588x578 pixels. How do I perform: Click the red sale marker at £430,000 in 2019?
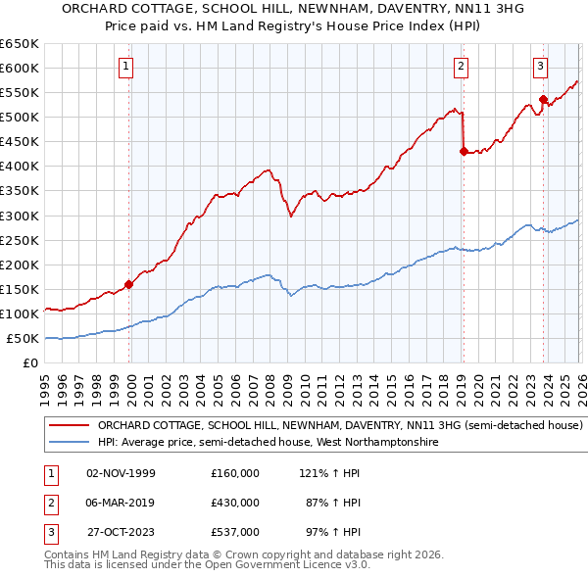click(x=463, y=151)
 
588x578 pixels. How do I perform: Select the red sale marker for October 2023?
click(x=543, y=98)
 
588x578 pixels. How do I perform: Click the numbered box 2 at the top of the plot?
click(x=461, y=67)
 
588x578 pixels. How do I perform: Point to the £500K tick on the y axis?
click(x=20, y=117)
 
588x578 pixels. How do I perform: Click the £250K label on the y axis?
click(x=20, y=240)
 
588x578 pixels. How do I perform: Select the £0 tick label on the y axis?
click(x=29, y=362)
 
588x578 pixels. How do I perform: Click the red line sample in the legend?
click(x=69, y=426)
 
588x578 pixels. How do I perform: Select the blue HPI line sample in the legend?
click(x=69, y=443)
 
